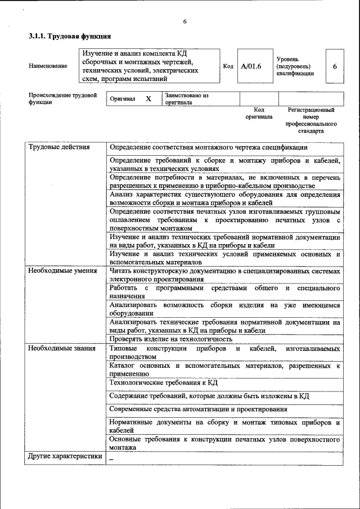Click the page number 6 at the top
click(x=184, y=21)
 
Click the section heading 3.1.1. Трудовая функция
click(x=65, y=37)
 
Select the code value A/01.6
click(x=251, y=66)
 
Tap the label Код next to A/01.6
click(x=228, y=66)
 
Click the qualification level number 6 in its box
click(x=335, y=66)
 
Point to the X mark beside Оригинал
click(x=148, y=99)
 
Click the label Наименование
click(x=48, y=66)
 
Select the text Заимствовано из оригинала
click(x=187, y=99)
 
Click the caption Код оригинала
click(x=259, y=113)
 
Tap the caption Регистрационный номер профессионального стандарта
click(x=311, y=120)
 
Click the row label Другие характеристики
click(x=65, y=457)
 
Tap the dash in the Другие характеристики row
click(x=111, y=458)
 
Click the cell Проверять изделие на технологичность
click(x=171, y=339)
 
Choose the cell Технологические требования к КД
click(x=164, y=382)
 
